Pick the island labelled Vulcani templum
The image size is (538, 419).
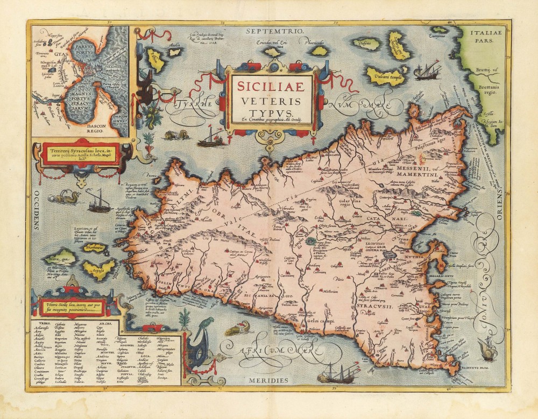click(386, 76)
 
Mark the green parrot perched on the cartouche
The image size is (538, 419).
click(192, 322)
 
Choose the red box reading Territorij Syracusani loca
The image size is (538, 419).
click(81, 154)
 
